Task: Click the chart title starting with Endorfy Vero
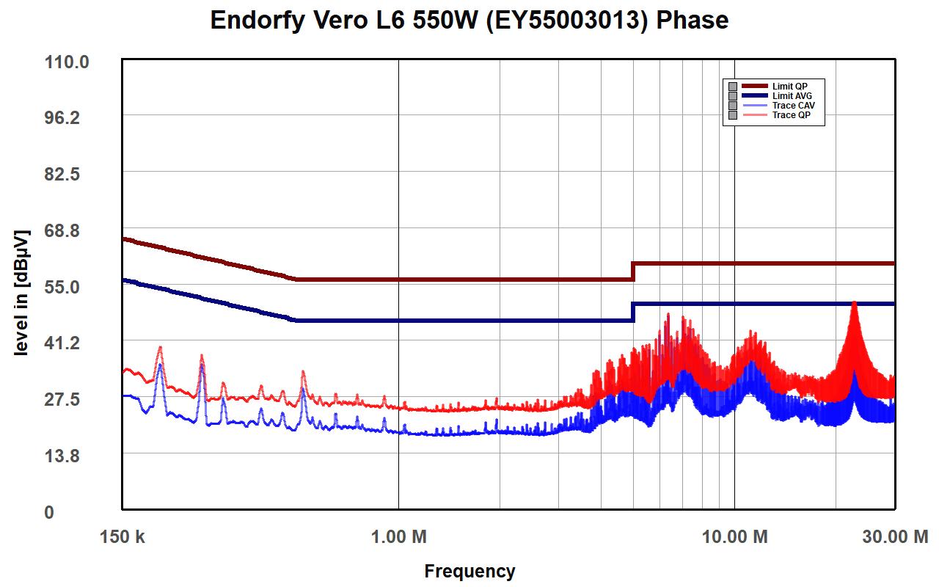469,20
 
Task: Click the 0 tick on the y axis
48,512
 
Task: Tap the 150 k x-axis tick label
123,537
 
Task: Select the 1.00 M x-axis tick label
398,537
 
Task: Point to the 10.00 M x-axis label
734,537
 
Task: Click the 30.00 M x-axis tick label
894,537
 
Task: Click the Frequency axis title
469,571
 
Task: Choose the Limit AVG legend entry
792,96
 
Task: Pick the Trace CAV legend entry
793,106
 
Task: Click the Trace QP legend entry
791,115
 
